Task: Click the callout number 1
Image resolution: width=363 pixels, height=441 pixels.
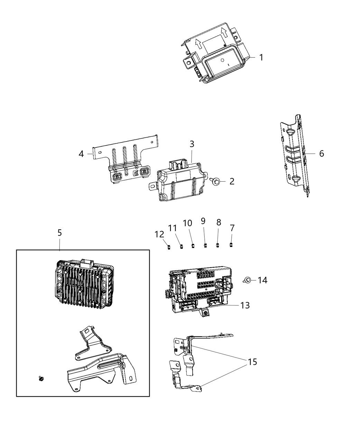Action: pyautogui.click(x=261, y=57)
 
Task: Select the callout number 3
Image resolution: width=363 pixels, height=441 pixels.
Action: pyautogui.click(x=192, y=144)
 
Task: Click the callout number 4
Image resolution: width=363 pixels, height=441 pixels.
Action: pyautogui.click(x=81, y=154)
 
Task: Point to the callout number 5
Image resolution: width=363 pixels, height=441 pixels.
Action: pyautogui.click(x=59, y=233)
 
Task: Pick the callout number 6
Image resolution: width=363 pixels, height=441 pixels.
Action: pyautogui.click(x=322, y=154)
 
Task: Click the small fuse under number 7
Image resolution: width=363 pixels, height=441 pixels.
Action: pyautogui.click(x=231, y=245)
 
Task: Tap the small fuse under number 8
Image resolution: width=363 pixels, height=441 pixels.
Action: pyautogui.click(x=218, y=245)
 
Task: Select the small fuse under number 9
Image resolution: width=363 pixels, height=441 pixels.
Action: pyautogui.click(x=205, y=246)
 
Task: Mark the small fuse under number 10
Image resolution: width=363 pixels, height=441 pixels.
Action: pyautogui.click(x=193, y=246)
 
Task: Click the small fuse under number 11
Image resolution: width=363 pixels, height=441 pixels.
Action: pyautogui.click(x=181, y=246)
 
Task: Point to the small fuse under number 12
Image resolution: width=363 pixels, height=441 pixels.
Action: pyautogui.click(x=168, y=246)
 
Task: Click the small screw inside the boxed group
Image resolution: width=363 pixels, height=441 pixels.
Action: pyautogui.click(x=41, y=379)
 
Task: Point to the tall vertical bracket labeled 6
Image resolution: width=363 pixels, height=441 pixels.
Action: pyautogui.click(x=295, y=156)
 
